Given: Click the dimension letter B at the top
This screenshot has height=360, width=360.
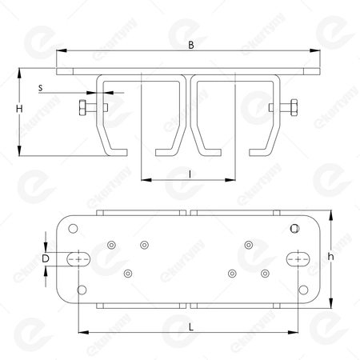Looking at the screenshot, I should point(190,46).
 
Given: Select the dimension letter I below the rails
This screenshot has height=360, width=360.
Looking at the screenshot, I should point(189,172).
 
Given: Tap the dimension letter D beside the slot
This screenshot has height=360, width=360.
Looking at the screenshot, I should point(46,258).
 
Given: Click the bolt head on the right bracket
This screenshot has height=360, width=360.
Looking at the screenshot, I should point(294,107).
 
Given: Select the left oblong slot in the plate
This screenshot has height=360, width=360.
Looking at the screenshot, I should point(78,258).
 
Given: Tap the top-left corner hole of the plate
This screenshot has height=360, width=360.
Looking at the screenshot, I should point(74,229).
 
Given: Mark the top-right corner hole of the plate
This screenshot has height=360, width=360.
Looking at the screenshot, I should point(295,229).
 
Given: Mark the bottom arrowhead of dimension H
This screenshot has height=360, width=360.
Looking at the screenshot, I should point(18,150).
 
